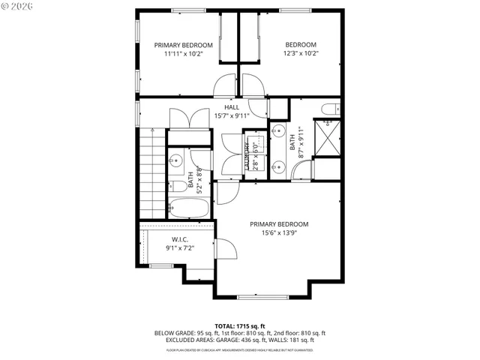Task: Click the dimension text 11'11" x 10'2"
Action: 183,54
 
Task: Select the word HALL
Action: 232,107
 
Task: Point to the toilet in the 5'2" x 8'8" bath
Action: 178,186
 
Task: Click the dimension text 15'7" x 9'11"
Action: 232,116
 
